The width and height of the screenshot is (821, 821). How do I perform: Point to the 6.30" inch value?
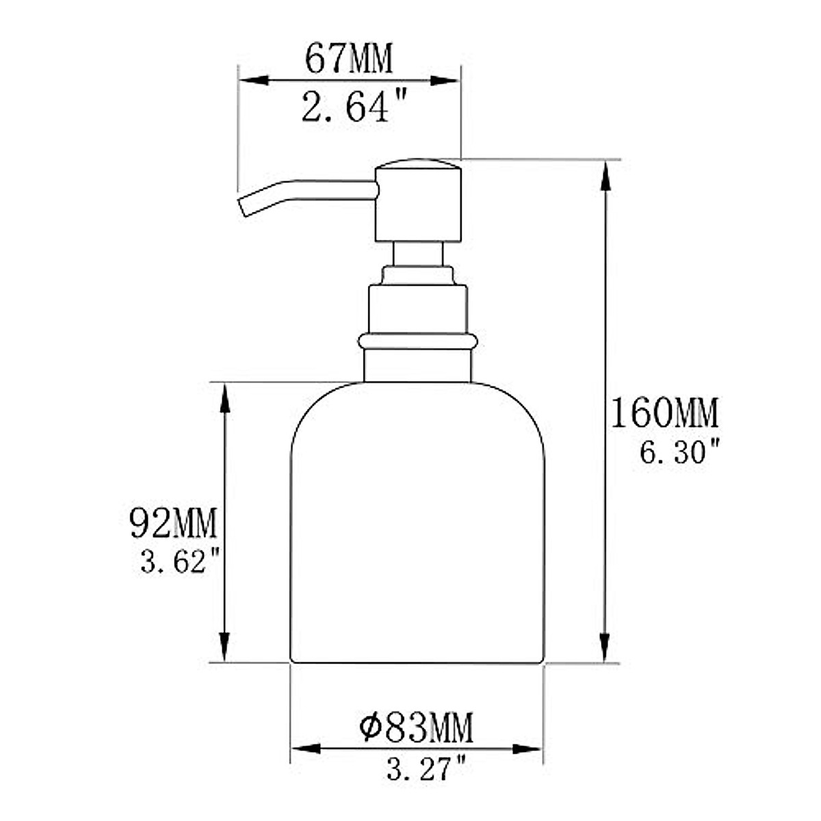click(680, 452)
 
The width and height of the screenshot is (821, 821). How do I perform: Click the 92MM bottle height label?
click(173, 523)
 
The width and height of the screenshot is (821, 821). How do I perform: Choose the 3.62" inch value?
click(181, 563)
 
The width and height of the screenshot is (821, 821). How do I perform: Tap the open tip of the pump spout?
click(243, 207)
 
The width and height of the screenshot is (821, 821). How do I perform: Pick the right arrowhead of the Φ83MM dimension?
click(531, 749)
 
